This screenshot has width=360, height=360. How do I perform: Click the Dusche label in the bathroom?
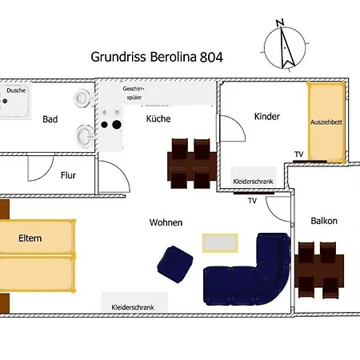pyautogui.click(x=17, y=91)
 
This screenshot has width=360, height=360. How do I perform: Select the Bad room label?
pyautogui.click(x=50, y=120)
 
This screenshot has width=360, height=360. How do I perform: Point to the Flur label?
pyautogui.click(x=69, y=174)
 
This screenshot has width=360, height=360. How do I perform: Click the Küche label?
pyautogui.click(x=158, y=119)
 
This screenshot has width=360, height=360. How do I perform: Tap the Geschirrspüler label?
pyautogui.click(x=134, y=92)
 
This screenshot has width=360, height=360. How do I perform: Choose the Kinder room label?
pyautogui.click(x=266, y=117)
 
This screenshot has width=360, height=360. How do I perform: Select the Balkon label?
pyautogui.click(x=324, y=221)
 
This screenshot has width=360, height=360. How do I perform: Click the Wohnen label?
pyautogui.click(x=166, y=222)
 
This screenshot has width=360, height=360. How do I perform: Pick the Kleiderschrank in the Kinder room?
pyautogui.click(x=253, y=182)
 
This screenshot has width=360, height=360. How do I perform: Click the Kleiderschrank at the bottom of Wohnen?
pyautogui.click(x=134, y=306)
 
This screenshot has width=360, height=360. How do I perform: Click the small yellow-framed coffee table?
pyautogui.click(x=219, y=242)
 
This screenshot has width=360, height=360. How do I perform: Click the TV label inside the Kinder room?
pyautogui.click(x=298, y=154)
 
